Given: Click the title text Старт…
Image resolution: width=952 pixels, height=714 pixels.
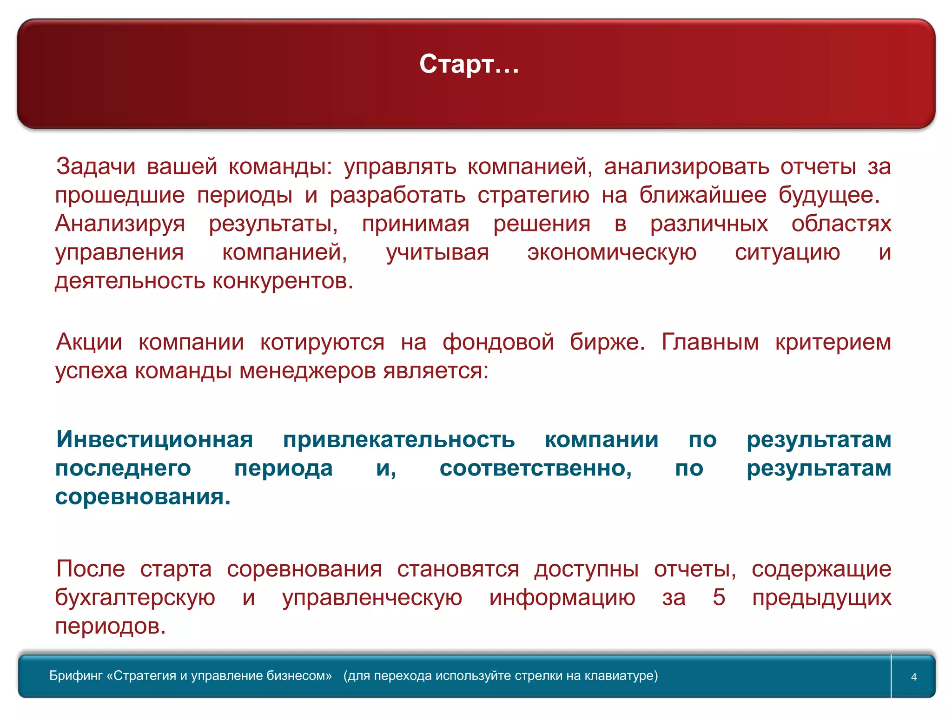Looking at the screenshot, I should click(469, 64).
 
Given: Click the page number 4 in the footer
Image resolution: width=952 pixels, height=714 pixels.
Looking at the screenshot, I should click(913, 677).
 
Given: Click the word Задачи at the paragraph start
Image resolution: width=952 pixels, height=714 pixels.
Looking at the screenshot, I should click(96, 166).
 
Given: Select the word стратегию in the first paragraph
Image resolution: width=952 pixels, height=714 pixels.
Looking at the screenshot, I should click(533, 195).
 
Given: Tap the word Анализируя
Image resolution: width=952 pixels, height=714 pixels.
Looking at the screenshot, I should click(120, 224).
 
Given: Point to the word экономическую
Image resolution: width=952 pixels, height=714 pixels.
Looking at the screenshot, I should click(612, 252).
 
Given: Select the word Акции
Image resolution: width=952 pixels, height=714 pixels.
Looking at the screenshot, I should click(89, 342).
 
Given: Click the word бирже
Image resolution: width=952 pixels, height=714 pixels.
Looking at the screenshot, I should click(607, 342).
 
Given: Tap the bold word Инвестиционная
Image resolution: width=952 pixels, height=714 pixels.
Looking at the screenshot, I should click(155, 439).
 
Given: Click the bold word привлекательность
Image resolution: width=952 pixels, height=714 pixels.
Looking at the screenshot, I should click(399, 440).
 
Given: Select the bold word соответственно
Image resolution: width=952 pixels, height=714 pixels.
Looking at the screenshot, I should click(535, 468).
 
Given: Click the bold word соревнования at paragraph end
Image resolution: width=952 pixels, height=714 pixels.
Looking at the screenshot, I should click(142, 497).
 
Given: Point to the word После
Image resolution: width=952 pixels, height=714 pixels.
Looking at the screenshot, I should click(91, 569).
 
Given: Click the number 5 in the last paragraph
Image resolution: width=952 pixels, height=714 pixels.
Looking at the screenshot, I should click(719, 597).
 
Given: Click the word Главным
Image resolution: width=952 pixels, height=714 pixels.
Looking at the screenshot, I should click(710, 342).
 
